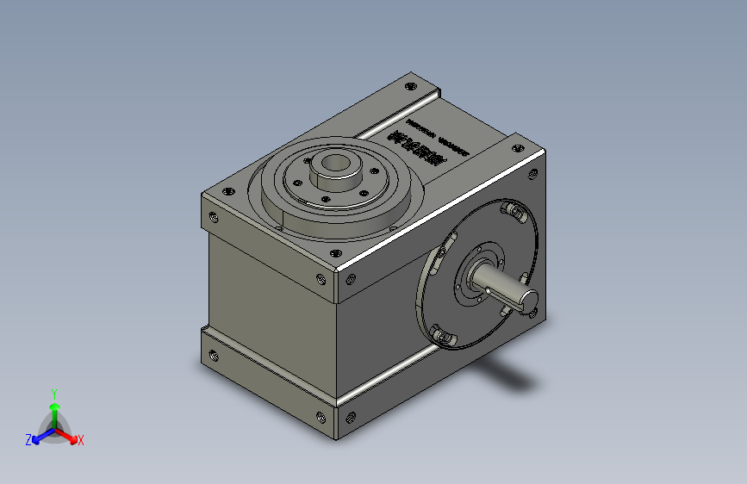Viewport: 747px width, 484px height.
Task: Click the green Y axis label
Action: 54,392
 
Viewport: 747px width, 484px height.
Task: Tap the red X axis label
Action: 81,440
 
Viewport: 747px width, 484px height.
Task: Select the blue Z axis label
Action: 28,440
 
